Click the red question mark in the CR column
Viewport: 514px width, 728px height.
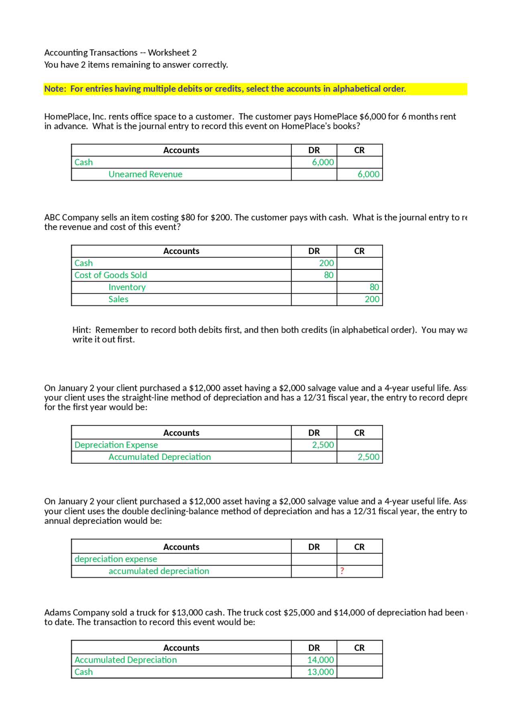click(342, 571)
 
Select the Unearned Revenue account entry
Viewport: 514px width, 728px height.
click(145, 174)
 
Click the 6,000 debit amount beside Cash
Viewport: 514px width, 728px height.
click(323, 162)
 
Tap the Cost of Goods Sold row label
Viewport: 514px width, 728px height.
click(110, 275)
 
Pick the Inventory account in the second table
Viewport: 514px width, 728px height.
click(127, 287)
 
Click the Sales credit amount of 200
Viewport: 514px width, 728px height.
click(372, 299)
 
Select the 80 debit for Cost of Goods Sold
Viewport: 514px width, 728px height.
click(328, 275)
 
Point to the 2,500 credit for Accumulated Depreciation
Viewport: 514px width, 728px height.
click(368, 457)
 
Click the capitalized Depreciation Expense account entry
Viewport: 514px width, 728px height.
click(116, 445)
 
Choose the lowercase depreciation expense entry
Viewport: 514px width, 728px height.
click(116, 559)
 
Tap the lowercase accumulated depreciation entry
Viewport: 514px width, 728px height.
click(159, 571)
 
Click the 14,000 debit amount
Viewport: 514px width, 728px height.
click(320, 660)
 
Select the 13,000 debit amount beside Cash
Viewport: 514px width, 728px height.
click(320, 672)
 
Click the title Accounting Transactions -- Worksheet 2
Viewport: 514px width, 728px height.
click(120, 53)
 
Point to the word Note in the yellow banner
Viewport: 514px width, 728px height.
click(54, 89)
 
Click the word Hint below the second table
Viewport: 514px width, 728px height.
click(81, 330)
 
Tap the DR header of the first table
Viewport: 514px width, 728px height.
click(314, 150)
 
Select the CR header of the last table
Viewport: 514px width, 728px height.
click(359, 648)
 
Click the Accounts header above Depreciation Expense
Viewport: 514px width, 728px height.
click(181, 433)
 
